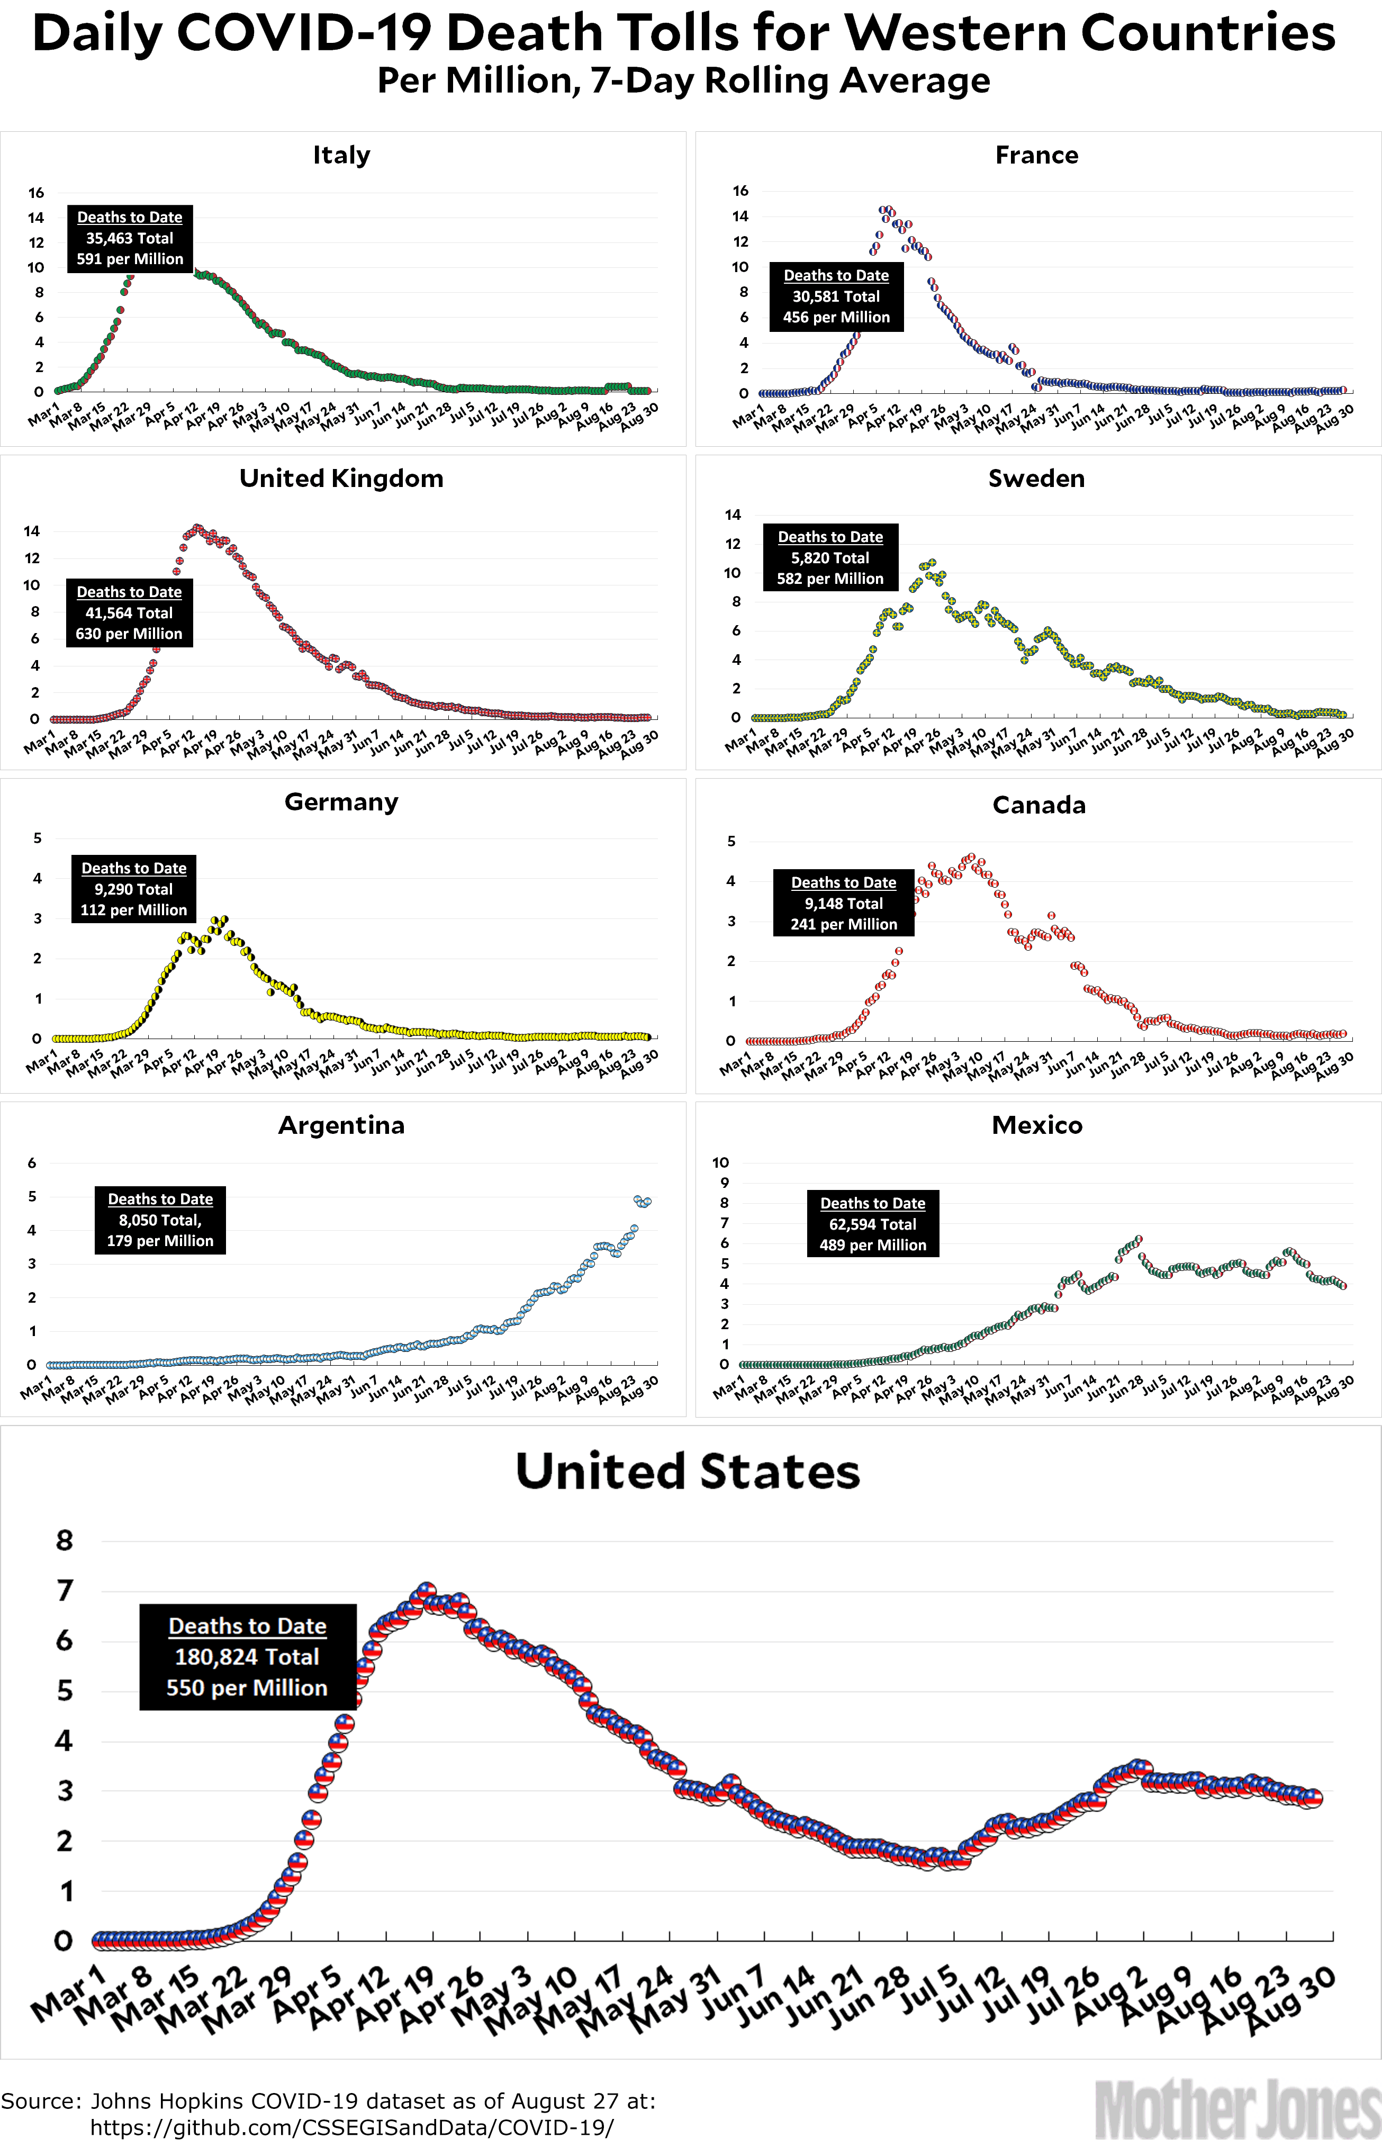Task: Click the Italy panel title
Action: [x=341, y=155]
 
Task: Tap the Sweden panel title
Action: [x=1036, y=478]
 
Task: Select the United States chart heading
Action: [x=688, y=1472]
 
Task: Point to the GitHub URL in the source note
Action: [x=352, y=2127]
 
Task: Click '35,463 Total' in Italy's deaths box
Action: [x=129, y=238]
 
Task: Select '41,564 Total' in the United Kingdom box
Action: [x=129, y=613]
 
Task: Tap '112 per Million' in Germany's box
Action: [x=134, y=910]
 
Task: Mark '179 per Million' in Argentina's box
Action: [x=160, y=1241]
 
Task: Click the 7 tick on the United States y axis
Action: [x=65, y=1591]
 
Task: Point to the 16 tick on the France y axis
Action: [x=740, y=190]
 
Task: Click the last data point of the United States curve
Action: [x=1312, y=1798]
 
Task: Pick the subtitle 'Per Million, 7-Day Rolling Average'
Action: [x=684, y=81]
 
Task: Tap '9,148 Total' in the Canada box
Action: [x=844, y=904]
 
